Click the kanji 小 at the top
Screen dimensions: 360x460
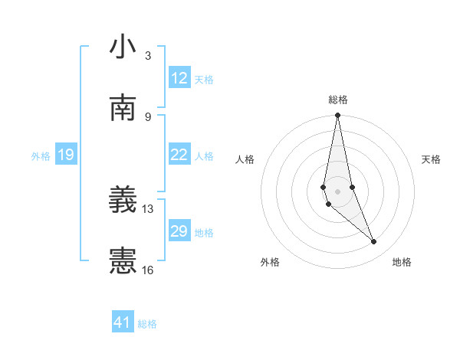tap(123, 47)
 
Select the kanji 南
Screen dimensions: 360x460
tap(123, 109)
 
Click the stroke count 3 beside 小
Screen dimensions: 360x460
tap(148, 55)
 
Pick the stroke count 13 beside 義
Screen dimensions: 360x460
tap(148, 208)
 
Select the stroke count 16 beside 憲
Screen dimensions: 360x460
tap(148, 270)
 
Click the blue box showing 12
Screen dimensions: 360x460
tap(179, 78)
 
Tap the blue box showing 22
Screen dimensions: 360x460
tap(179, 155)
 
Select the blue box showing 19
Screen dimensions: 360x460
tap(65, 155)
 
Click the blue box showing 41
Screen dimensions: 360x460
tap(122, 322)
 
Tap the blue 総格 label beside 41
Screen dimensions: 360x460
tap(147, 324)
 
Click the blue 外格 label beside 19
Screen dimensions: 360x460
tap(41, 156)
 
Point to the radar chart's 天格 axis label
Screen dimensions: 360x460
tap(432, 159)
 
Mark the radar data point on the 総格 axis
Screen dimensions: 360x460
tap(337, 116)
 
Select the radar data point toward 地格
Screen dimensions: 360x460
tap(374, 242)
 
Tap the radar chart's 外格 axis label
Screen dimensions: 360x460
tap(270, 262)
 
